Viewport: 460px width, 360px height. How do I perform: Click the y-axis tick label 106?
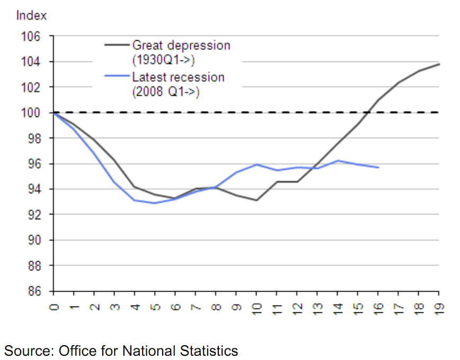[x=31, y=37]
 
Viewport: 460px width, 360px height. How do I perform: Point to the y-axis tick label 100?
[x=31, y=113]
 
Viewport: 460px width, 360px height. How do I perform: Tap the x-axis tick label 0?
[x=54, y=307]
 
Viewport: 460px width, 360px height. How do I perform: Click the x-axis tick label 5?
[x=155, y=307]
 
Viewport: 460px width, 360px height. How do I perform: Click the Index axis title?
[x=31, y=15]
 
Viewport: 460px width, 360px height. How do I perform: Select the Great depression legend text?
[x=181, y=45]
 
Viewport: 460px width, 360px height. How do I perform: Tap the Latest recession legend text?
[x=178, y=77]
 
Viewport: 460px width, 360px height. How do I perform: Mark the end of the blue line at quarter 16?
[x=378, y=167]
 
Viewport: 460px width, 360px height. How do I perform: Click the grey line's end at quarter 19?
[x=439, y=64]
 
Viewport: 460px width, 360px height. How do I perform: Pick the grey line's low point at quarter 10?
[x=256, y=200]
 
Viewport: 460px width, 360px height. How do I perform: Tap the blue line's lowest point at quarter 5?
[x=155, y=203]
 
